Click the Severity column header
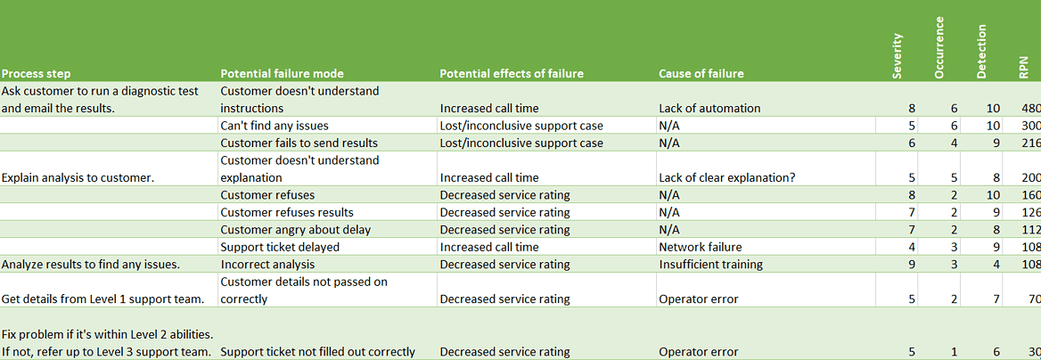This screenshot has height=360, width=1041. coord(898,56)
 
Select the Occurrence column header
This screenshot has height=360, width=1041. coord(939,48)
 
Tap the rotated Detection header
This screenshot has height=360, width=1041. coord(981,53)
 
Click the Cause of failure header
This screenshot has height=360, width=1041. coord(701,74)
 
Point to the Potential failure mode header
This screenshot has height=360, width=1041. coord(282,74)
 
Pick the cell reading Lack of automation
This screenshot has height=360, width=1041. coord(709,109)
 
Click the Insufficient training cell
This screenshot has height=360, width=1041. coord(710,265)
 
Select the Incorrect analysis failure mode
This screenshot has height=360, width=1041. coord(267,265)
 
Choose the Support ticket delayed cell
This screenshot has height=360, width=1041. coord(277,247)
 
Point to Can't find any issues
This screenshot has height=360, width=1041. coord(275,126)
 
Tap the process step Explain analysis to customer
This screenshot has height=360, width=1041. coord(78,178)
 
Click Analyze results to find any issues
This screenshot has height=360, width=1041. coord(92,265)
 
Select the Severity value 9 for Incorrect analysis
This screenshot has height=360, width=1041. coord(911,265)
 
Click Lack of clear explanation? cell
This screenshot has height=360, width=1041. coord(726,178)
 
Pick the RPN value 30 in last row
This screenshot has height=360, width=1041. coord(1032,352)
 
